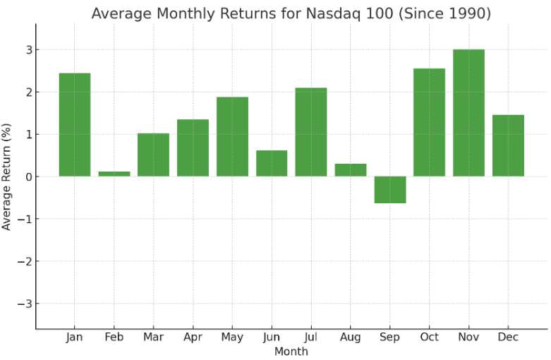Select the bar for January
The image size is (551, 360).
(x=74, y=125)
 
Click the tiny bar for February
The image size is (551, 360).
(x=114, y=174)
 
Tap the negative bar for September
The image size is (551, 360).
(x=390, y=190)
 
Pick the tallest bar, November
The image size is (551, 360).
(x=468, y=113)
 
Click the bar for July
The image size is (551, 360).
(x=311, y=132)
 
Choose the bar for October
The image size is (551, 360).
(x=429, y=122)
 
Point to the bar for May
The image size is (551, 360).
(x=232, y=136)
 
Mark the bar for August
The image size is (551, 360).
(x=351, y=170)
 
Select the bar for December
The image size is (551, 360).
(x=508, y=145)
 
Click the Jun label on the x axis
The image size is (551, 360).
(x=272, y=337)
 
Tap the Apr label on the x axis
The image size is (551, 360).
(x=193, y=337)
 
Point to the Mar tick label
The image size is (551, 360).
(x=153, y=337)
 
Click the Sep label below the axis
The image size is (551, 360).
(x=390, y=337)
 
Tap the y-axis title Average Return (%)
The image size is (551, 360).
(x=8, y=176)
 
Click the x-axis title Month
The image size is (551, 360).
(x=291, y=351)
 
